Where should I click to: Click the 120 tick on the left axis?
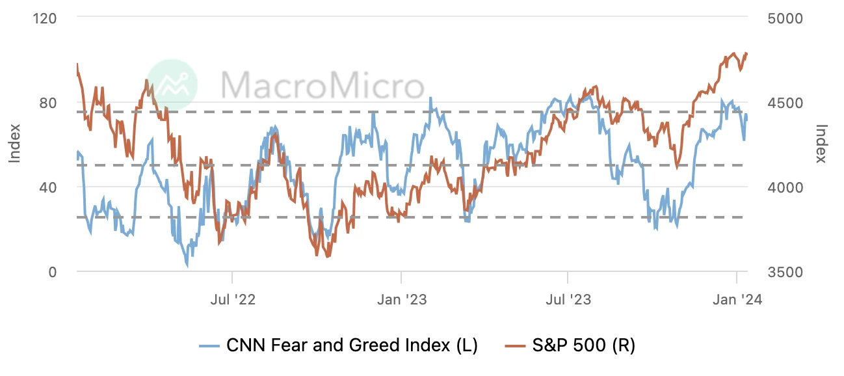click(x=45, y=18)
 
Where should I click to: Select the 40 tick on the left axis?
click(x=48, y=187)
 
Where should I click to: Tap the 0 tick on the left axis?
click(x=52, y=272)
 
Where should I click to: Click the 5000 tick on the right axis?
click(x=784, y=18)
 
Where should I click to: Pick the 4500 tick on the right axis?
click(x=784, y=103)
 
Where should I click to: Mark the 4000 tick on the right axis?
click(x=784, y=187)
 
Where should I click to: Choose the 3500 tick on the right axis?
click(x=784, y=272)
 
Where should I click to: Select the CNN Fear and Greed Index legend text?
click(x=352, y=345)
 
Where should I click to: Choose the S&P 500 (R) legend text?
click(x=583, y=345)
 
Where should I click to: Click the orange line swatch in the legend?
click(x=516, y=345)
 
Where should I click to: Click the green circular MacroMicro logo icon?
click(x=171, y=84)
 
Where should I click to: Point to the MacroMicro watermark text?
click(x=322, y=85)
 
